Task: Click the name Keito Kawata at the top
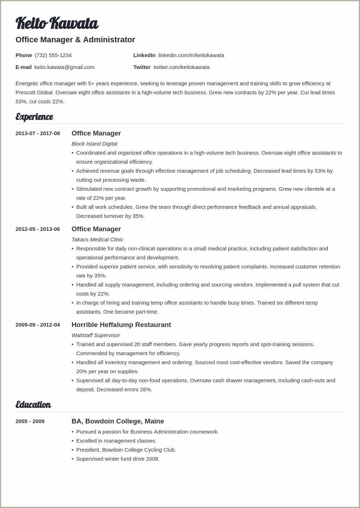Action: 57,23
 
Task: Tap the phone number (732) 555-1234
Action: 53,55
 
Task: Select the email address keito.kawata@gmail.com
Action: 64,67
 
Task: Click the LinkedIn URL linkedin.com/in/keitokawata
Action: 191,55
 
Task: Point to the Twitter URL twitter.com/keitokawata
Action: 181,67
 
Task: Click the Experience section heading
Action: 34,117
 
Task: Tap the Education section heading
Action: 33,405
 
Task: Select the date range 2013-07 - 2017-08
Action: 38,133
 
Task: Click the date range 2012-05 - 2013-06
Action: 38,229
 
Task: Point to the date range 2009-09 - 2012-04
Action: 38,325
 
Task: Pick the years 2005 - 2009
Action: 30,421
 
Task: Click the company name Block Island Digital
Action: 94,144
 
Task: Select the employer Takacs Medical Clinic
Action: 97,240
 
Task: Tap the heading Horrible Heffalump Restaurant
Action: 121,325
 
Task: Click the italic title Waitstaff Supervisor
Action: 95,335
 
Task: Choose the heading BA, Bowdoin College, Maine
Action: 118,421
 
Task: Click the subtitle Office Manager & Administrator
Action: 75,40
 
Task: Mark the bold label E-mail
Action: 23,67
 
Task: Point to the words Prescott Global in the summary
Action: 34,92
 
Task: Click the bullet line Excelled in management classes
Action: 116,441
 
